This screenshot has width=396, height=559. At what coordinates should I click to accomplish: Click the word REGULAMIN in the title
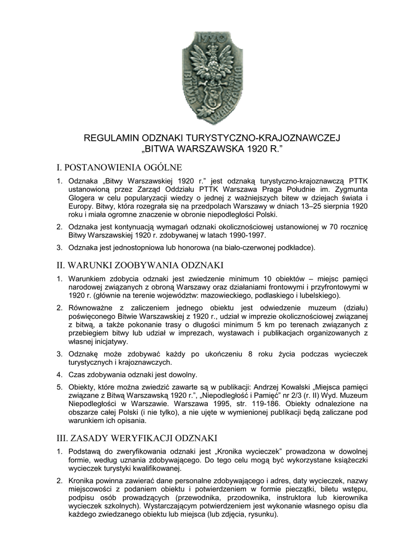tap(111, 138)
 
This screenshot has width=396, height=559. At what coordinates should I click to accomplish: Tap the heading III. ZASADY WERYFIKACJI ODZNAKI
tap(137, 438)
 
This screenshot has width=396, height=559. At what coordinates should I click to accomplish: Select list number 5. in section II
tap(60, 386)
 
